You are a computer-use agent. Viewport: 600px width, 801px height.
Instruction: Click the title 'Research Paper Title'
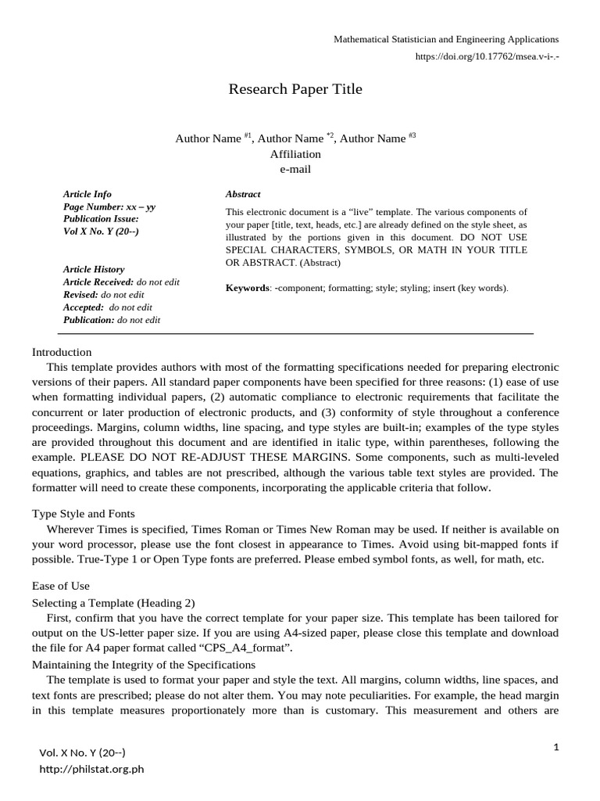(x=295, y=89)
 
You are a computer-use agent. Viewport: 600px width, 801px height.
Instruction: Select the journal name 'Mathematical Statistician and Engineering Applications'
(x=446, y=39)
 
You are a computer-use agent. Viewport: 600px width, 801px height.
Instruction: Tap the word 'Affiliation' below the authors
(x=295, y=154)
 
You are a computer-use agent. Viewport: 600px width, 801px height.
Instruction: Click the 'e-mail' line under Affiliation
(x=295, y=169)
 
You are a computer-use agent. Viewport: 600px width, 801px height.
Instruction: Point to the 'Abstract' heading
(x=243, y=194)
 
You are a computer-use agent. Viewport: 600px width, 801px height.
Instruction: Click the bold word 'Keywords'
(x=247, y=288)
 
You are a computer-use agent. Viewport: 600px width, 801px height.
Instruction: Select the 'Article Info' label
(x=87, y=194)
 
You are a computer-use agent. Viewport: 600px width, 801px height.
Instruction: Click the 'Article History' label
(x=94, y=269)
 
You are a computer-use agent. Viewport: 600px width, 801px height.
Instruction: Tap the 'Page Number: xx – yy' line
(x=109, y=207)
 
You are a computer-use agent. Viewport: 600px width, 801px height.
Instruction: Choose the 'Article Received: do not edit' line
(x=121, y=282)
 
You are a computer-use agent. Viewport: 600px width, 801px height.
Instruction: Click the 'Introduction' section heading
(x=62, y=352)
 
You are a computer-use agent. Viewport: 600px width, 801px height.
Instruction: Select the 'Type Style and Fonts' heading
(x=84, y=514)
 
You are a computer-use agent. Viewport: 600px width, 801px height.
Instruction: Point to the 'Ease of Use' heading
(x=61, y=586)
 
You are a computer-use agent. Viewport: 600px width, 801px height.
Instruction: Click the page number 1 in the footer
(x=556, y=748)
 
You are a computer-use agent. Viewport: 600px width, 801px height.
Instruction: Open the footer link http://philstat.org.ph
(x=92, y=769)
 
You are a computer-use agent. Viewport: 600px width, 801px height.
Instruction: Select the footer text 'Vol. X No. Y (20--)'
(x=82, y=753)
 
